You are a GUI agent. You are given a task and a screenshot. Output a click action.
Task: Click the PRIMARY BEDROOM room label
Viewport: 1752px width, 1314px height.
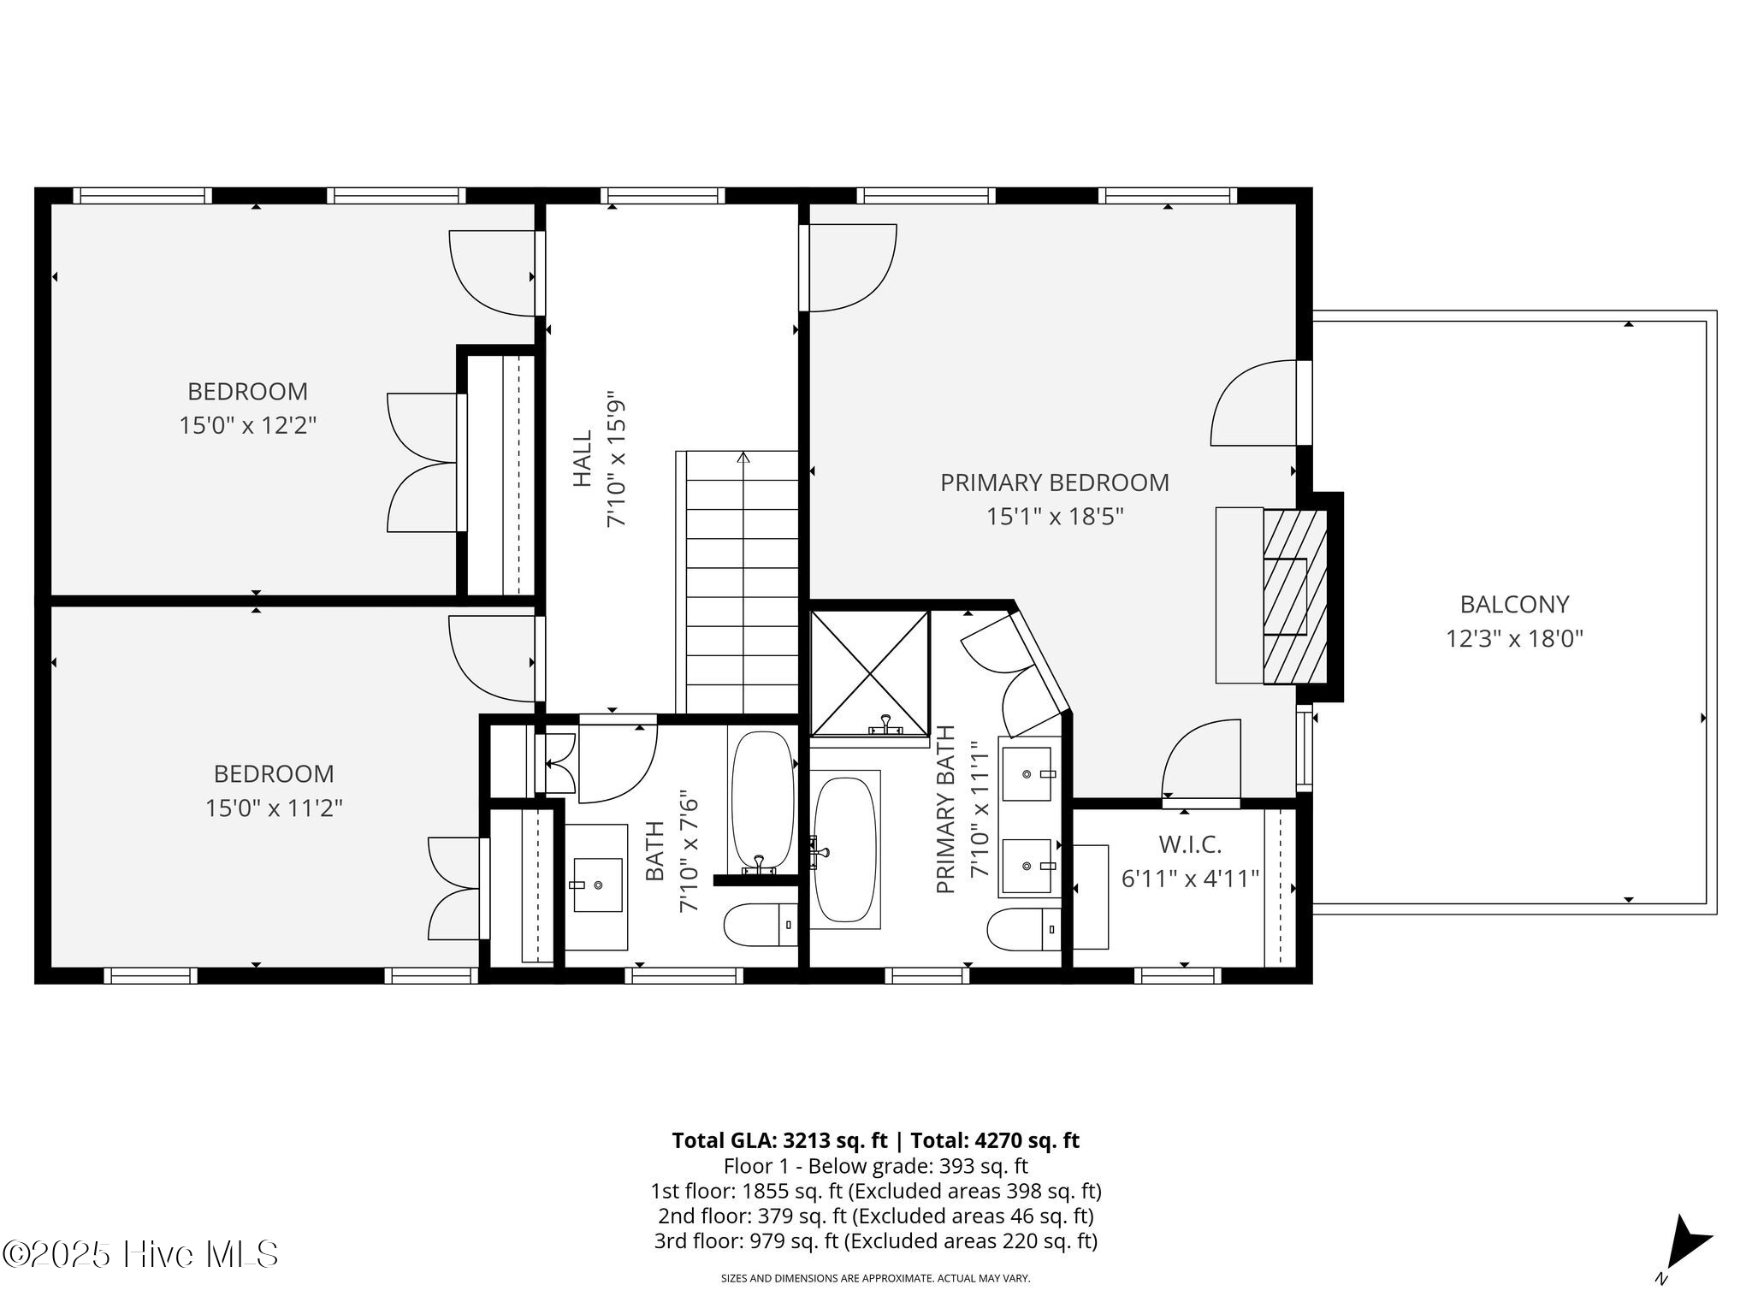pyautogui.click(x=1054, y=482)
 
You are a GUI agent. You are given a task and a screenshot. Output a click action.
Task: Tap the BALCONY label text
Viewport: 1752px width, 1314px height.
pyautogui.click(x=1514, y=605)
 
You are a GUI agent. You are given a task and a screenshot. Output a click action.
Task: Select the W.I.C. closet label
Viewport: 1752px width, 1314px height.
pyautogui.click(x=1190, y=845)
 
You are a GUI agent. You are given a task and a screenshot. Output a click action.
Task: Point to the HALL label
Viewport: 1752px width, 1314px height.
pyautogui.click(x=583, y=459)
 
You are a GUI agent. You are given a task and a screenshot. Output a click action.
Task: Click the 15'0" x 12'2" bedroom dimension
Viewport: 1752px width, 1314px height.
pyautogui.click(x=248, y=425)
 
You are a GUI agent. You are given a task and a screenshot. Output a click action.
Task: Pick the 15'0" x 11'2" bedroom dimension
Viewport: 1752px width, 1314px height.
pyautogui.click(x=274, y=808)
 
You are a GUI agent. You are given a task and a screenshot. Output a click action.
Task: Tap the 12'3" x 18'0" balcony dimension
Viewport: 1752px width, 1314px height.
pyautogui.click(x=1514, y=639)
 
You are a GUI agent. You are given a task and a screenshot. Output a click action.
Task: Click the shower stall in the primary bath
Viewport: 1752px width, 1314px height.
pyautogui.click(x=869, y=673)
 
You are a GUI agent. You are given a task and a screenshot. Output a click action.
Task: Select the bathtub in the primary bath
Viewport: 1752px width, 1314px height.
pyautogui.click(x=845, y=849)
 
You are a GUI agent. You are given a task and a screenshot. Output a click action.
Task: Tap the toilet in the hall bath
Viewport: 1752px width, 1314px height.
pyautogui.click(x=761, y=925)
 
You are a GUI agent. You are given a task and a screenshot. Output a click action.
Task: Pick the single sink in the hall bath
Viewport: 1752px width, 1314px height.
pyautogui.click(x=597, y=887)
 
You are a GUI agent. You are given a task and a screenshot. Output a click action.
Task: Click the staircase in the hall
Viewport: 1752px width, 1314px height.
pyautogui.click(x=737, y=582)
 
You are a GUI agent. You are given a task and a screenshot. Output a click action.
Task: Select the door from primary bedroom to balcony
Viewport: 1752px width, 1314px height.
pyautogui.click(x=1254, y=403)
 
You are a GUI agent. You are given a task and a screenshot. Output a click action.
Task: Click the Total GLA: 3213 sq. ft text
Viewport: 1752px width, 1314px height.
pyautogui.click(x=779, y=1140)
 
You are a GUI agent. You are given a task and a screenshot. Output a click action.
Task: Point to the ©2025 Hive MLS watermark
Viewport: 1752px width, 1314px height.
pyautogui.click(x=140, y=1254)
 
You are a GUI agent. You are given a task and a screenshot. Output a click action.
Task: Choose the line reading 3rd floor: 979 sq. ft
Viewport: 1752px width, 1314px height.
pyautogui.click(x=876, y=1240)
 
